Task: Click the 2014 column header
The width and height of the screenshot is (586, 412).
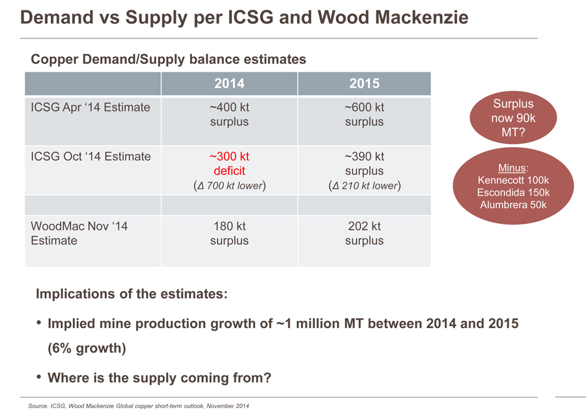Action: pos(229,84)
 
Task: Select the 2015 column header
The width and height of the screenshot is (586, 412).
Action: pos(364,84)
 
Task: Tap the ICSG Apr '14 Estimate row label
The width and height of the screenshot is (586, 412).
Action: pos(91,107)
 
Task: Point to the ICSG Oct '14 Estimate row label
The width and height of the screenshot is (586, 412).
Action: pos(91,156)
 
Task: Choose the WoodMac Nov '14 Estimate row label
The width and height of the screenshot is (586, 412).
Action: pos(79,234)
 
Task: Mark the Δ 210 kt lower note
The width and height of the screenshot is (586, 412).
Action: pos(364,186)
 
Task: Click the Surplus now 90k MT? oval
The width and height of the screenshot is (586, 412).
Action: pos(513,118)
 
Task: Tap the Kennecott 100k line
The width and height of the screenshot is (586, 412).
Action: pos(513,180)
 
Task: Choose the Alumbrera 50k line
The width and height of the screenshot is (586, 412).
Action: pos(513,205)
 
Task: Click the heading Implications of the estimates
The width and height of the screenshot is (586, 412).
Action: pos(132,294)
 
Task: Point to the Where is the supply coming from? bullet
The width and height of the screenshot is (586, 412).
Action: pos(160,378)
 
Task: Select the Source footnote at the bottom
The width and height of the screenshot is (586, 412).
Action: pos(139,406)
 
